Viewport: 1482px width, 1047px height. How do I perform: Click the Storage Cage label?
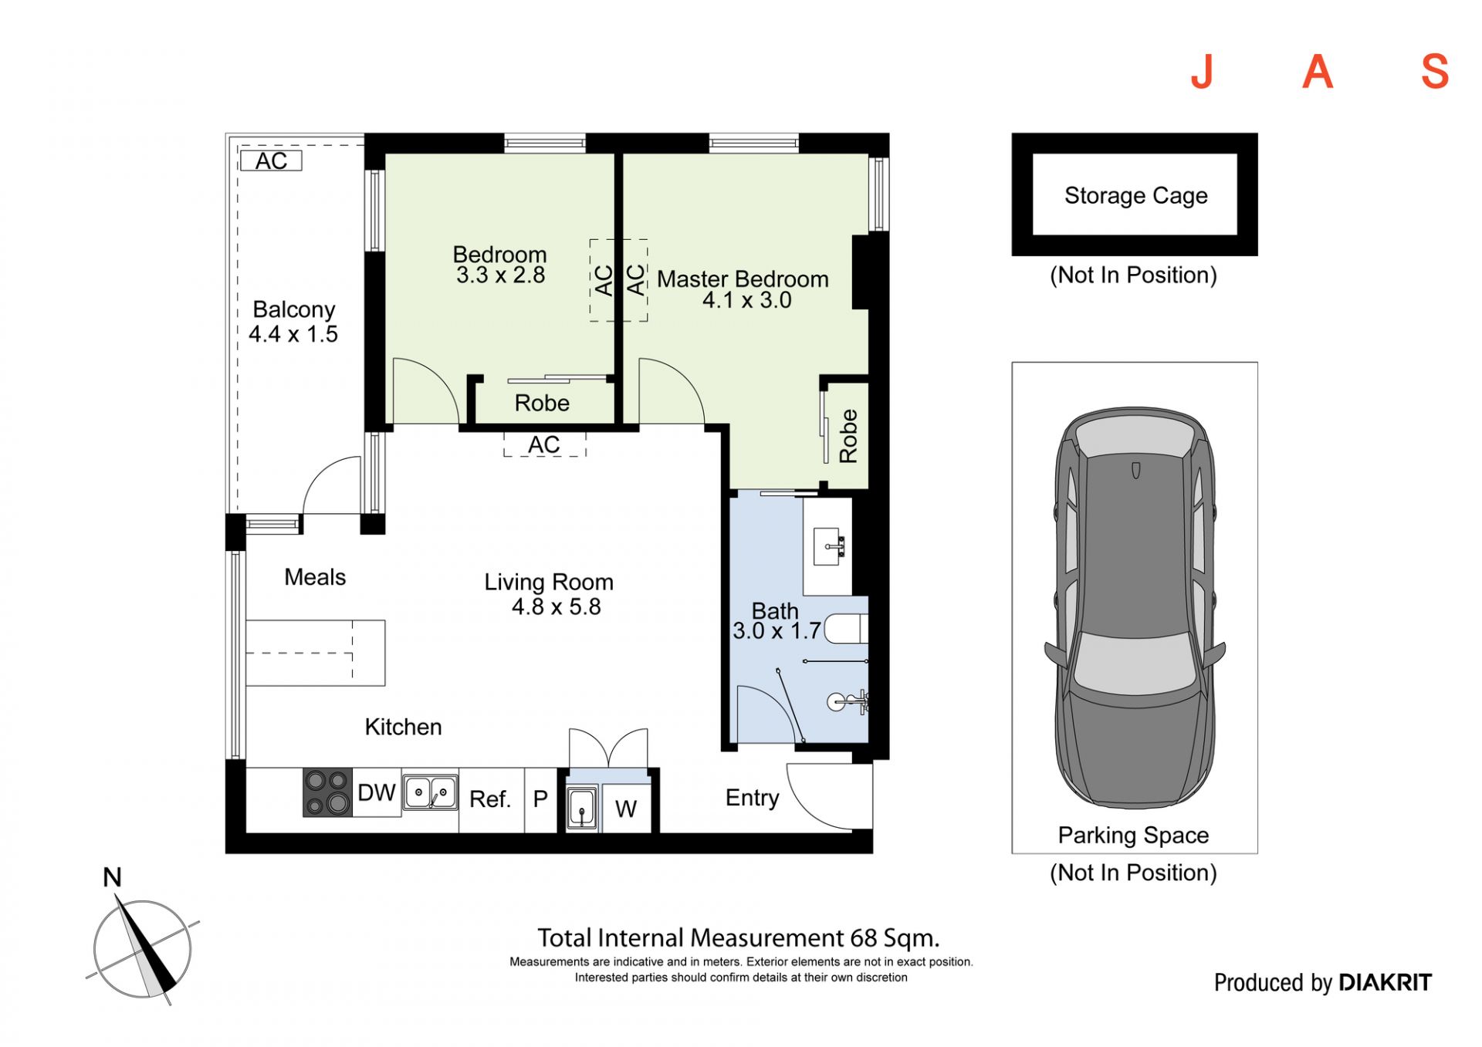[x=1135, y=196]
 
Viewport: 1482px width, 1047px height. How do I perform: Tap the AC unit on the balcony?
[x=271, y=160]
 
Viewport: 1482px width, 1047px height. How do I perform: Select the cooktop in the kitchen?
[x=327, y=792]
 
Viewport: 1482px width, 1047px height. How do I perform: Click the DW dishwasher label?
[x=377, y=792]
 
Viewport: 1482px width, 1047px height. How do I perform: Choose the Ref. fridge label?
[x=490, y=799]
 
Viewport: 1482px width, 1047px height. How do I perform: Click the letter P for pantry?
[x=540, y=799]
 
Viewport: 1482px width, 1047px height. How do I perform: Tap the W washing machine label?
[x=626, y=809]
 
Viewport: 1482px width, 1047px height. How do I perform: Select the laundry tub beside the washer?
[x=581, y=808]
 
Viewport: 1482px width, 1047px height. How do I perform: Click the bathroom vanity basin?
[x=830, y=546]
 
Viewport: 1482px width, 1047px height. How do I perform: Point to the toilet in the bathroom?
[x=846, y=629]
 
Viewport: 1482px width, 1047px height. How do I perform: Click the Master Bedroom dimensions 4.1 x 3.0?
[x=747, y=300]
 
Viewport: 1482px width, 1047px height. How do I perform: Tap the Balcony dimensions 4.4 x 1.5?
[x=293, y=334]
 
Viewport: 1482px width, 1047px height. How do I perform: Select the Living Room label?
[x=549, y=583]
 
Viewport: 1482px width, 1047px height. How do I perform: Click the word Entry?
[x=753, y=798]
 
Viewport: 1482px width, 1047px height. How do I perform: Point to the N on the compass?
[x=113, y=877]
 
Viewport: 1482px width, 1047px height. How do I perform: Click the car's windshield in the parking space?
[x=1134, y=662]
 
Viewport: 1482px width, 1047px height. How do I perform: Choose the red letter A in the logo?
[x=1318, y=72]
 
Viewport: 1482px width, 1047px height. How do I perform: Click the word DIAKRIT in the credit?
[x=1386, y=982]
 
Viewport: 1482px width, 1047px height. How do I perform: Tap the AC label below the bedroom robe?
[x=544, y=444]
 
